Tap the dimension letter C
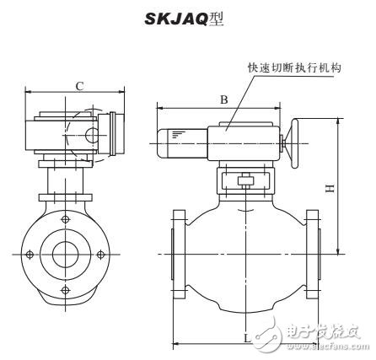point(78,84)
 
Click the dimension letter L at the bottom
point(245,336)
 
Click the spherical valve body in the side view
point(245,253)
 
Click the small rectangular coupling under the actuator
point(245,180)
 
